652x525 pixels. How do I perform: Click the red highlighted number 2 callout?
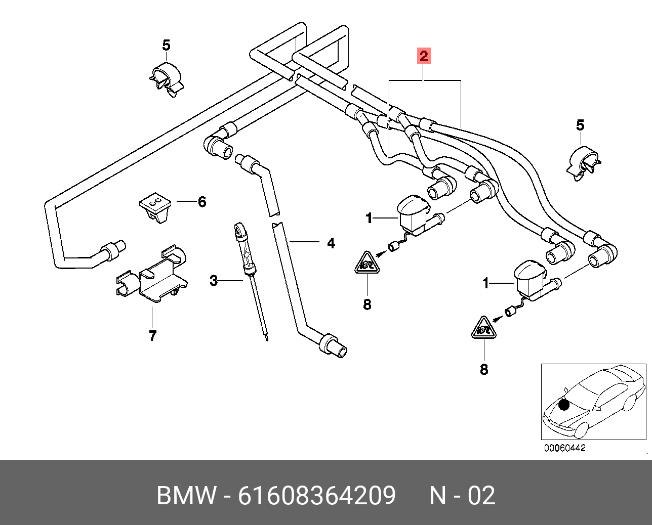pyautogui.click(x=424, y=56)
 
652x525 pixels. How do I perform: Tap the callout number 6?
pyautogui.click(x=202, y=202)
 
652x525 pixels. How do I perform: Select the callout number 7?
pyautogui.click(x=153, y=335)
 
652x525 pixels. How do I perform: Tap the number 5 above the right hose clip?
pyautogui.click(x=580, y=125)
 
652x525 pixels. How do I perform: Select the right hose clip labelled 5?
pyautogui.click(x=584, y=163)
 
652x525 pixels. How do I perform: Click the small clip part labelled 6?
pyautogui.click(x=155, y=206)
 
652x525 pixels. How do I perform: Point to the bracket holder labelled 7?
pyautogui.click(x=152, y=276)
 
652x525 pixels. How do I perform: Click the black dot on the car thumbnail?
pyautogui.click(x=564, y=405)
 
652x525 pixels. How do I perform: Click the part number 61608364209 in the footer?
pyautogui.click(x=317, y=495)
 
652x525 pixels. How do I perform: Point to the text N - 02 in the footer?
pyautogui.click(x=462, y=495)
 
